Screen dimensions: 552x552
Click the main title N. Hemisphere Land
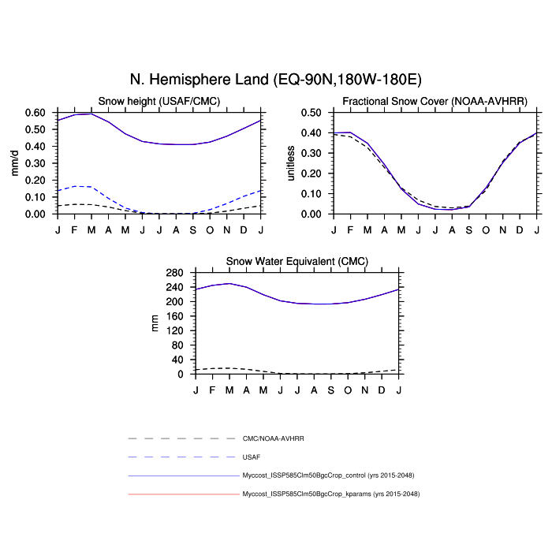pyautogui.click(x=275, y=80)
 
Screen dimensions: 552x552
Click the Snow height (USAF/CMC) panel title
pyautogui.click(x=159, y=101)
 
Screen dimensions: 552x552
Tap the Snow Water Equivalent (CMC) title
pyautogui.click(x=297, y=261)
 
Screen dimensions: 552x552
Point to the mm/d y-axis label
pyautogui.click(x=14, y=163)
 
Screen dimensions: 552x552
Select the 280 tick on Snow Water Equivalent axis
pyautogui.click(x=175, y=273)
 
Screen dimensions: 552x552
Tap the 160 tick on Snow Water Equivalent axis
pyautogui.click(x=175, y=316)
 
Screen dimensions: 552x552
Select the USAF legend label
pyautogui.click(x=252, y=457)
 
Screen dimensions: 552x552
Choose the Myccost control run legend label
pyautogui.click(x=328, y=476)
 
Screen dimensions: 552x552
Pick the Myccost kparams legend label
pyautogui.click(x=330, y=494)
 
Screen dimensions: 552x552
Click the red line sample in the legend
pyautogui.click(x=182, y=494)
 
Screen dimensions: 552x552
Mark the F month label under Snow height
pyautogui.click(x=75, y=229)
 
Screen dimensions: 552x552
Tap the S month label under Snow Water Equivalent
pyautogui.click(x=331, y=389)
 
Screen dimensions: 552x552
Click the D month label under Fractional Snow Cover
pyautogui.click(x=519, y=229)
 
